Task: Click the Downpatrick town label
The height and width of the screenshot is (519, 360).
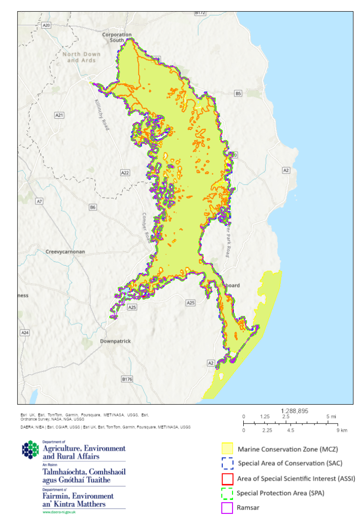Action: (x=115, y=341)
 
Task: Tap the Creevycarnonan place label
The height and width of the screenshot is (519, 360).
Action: (x=65, y=252)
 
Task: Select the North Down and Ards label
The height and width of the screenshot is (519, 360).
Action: (x=82, y=57)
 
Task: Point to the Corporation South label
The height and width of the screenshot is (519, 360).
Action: (x=117, y=37)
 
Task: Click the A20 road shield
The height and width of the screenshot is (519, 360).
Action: (x=46, y=25)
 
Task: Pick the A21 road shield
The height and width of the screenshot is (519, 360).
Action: (x=59, y=115)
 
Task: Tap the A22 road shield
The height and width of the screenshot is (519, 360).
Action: (x=125, y=173)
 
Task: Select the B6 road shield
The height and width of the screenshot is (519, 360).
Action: (x=93, y=207)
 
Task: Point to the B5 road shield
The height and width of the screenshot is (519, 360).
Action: (x=238, y=94)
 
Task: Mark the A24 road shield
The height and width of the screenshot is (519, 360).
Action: (x=25, y=333)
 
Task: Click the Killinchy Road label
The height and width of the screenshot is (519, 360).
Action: (x=102, y=111)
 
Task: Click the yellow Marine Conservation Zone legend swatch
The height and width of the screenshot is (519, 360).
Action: (x=227, y=449)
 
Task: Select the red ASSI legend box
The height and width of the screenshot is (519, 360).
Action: (x=227, y=479)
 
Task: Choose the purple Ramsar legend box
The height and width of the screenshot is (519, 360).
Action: (x=227, y=508)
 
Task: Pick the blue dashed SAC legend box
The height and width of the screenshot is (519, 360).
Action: (x=227, y=464)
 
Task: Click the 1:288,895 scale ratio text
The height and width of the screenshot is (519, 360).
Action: (x=294, y=410)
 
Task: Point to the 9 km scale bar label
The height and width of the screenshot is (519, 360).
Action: (x=330, y=430)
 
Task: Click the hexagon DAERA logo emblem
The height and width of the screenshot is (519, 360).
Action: (x=31, y=449)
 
